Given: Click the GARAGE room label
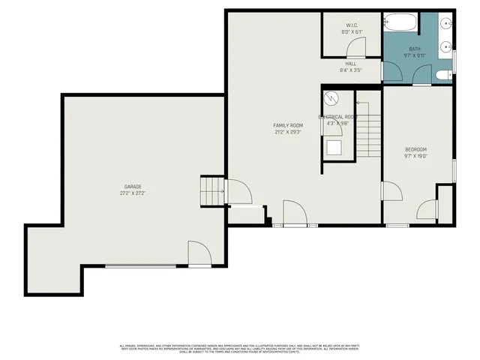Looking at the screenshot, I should (x=133, y=186).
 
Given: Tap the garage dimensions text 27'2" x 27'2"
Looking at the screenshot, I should (x=133, y=193).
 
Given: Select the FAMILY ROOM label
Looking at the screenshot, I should (x=287, y=124).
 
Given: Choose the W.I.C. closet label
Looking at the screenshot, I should (x=352, y=25).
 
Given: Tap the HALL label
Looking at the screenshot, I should (x=350, y=64).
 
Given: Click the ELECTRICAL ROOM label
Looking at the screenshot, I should (x=337, y=117).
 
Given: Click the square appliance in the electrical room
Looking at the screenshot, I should (x=333, y=147).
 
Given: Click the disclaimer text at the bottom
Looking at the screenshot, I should (x=240, y=347).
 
